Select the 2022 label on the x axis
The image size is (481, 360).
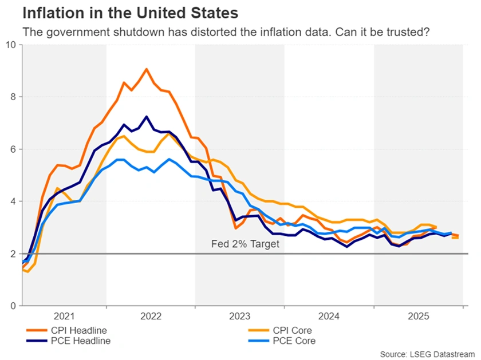tap(151, 316)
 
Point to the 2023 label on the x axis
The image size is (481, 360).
tap(240, 316)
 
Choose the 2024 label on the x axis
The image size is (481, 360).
tap(329, 316)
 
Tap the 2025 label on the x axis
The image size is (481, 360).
tap(418, 316)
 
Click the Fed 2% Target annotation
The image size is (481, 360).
tap(245, 244)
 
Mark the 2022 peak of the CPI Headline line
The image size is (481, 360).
tap(146, 69)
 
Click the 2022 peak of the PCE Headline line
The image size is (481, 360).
tap(147, 117)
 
